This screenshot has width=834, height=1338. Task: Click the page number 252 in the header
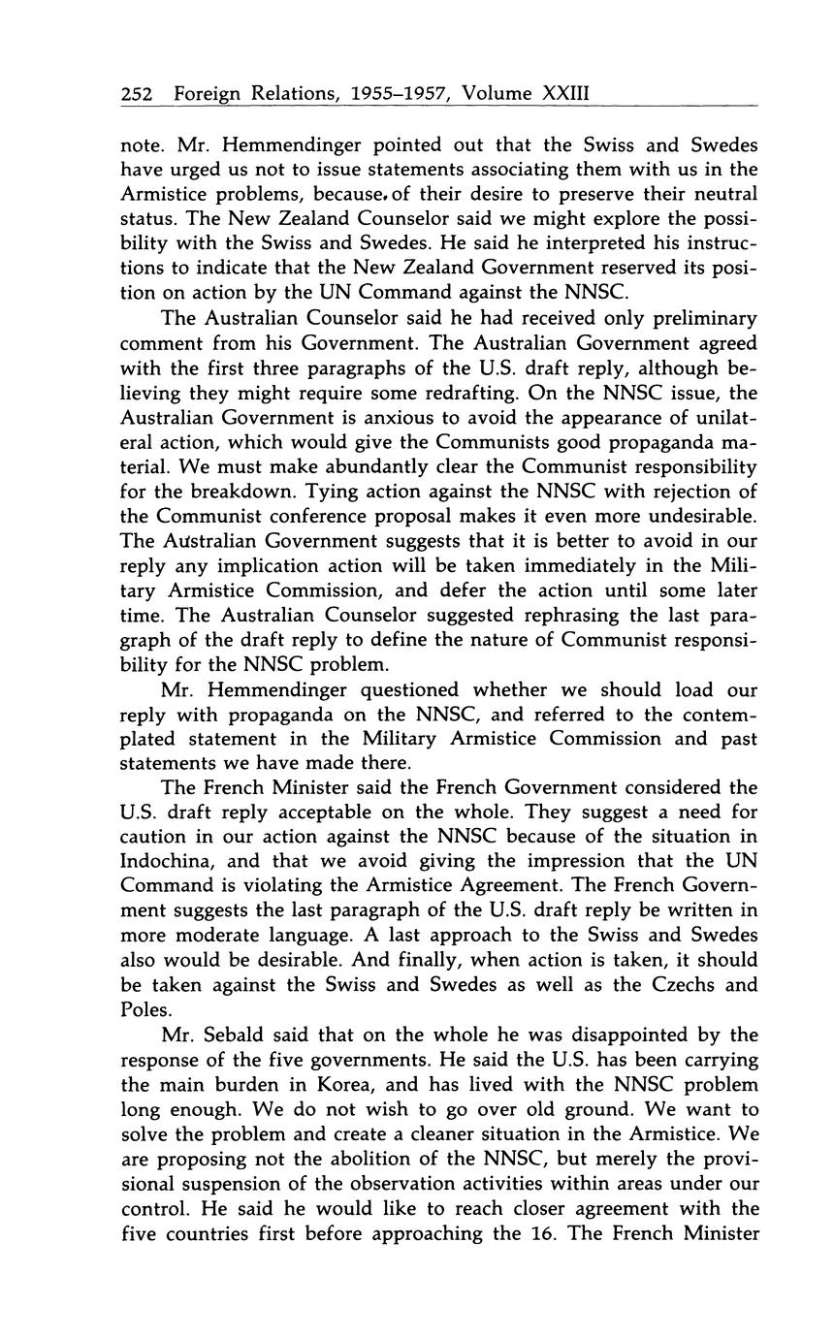tap(138, 94)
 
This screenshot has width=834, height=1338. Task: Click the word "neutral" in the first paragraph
tap(722, 194)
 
